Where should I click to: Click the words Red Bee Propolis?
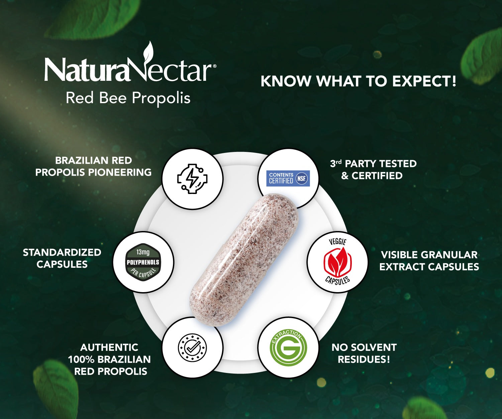(x=128, y=98)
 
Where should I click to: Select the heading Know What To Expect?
(x=358, y=81)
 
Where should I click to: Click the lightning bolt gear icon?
(x=192, y=179)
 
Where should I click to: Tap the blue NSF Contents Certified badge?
(x=288, y=178)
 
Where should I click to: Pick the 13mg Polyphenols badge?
(x=143, y=262)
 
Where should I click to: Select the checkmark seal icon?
(x=192, y=348)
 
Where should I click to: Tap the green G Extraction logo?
(x=288, y=348)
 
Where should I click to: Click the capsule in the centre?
(x=244, y=260)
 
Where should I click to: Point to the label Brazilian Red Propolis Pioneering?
(x=93, y=166)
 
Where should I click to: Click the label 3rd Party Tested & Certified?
(x=373, y=170)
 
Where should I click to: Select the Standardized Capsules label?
(x=62, y=258)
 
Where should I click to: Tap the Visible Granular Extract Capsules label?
(x=429, y=261)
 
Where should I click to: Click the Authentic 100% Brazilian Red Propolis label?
(x=109, y=359)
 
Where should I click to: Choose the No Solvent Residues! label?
(x=364, y=353)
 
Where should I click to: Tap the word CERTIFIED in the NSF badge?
(x=281, y=181)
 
